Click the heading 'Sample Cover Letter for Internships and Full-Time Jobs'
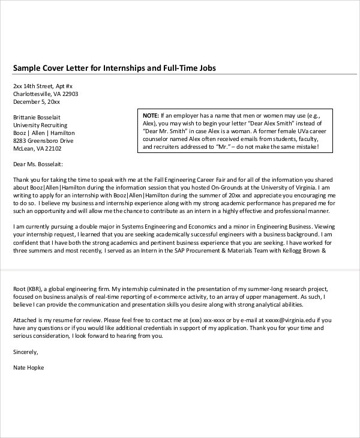114,68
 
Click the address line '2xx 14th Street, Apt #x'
43,86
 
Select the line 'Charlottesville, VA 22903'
46,94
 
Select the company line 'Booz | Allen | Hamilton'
44,133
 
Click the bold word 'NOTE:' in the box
150,114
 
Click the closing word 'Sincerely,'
25,352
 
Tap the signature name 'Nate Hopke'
28,367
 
